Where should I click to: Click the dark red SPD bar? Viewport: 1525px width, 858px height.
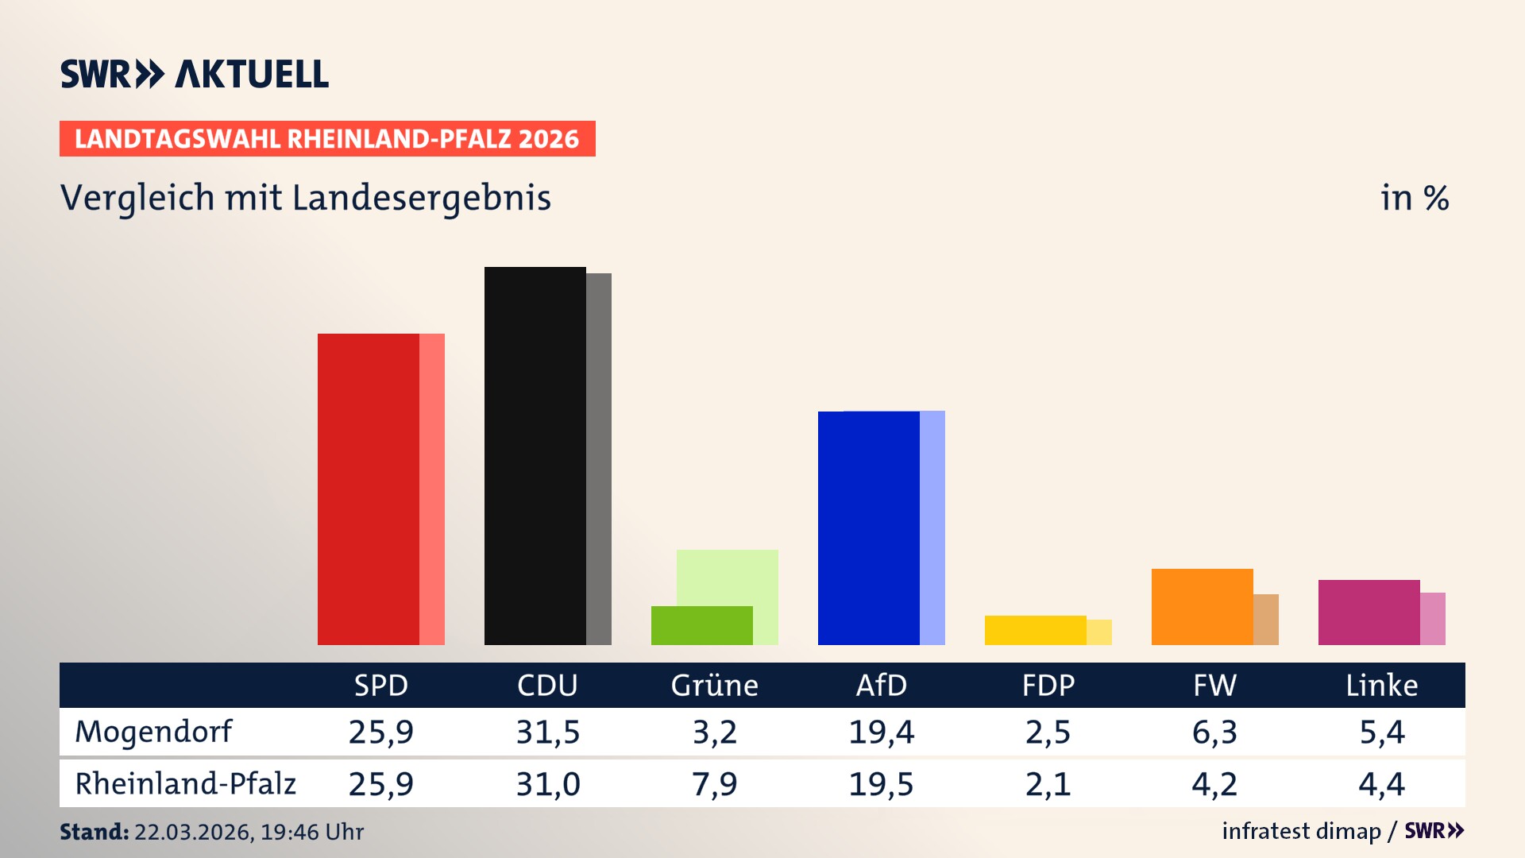tap(368, 489)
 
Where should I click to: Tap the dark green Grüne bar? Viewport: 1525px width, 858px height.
tap(701, 625)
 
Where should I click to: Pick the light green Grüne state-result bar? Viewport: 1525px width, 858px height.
tap(727, 577)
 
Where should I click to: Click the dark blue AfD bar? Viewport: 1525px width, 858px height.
tap(868, 528)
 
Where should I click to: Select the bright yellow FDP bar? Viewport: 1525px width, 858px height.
tap(1035, 630)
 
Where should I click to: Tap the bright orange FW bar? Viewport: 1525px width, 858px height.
tap(1202, 606)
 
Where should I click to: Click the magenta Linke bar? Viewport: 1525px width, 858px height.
tap(1369, 612)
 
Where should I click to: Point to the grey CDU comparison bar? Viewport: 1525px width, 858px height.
tap(599, 458)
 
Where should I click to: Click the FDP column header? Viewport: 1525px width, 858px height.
tap(1048, 685)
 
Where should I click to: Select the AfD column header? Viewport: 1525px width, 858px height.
tap(881, 685)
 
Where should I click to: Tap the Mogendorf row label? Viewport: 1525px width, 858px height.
tap(153, 732)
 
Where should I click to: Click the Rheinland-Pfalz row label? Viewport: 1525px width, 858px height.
tap(185, 783)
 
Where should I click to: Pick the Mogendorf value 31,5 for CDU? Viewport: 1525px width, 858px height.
tap(547, 732)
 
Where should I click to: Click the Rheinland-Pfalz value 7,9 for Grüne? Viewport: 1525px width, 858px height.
tap(714, 784)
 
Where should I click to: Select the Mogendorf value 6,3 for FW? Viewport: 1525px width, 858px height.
tap(1214, 732)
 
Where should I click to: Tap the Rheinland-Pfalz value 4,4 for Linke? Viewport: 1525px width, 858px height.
tap(1381, 784)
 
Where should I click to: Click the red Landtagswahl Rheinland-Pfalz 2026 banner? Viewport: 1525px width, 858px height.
tap(327, 138)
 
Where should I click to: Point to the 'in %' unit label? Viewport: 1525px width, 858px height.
tap(1414, 198)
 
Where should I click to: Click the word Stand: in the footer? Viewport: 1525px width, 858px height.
tap(94, 832)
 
